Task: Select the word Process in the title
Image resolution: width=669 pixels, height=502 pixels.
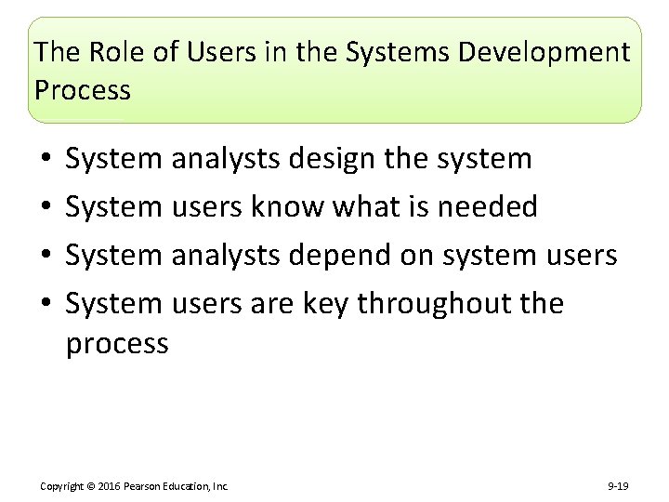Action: point(83,90)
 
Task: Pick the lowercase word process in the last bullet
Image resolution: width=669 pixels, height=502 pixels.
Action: point(117,344)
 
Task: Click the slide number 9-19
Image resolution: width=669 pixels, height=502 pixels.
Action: point(618,486)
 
